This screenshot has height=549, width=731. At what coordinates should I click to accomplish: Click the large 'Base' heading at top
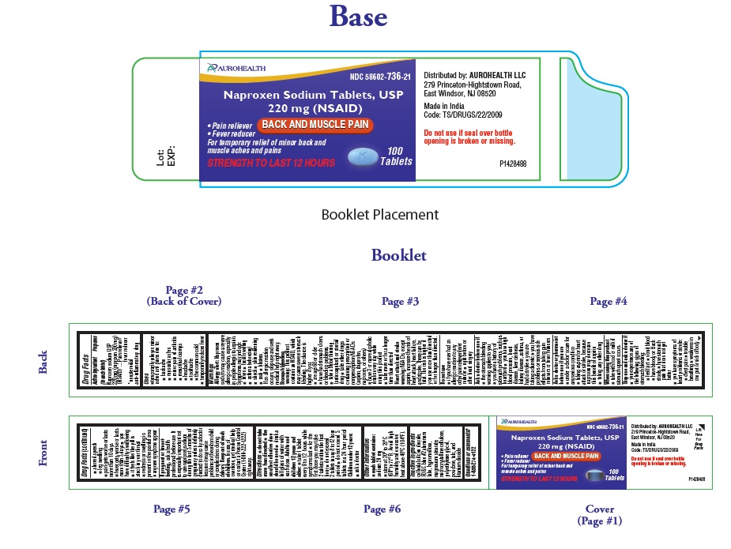point(358,17)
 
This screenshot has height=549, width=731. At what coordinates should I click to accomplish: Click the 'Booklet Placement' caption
point(379,214)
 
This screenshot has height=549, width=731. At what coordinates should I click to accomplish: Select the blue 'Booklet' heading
point(399,255)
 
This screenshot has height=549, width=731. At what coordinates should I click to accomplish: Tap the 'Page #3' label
point(400,301)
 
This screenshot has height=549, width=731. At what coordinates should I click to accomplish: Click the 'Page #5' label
point(171,510)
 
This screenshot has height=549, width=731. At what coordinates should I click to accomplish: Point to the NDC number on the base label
point(379,77)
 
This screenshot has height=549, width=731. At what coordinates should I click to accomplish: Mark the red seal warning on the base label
point(469,137)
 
